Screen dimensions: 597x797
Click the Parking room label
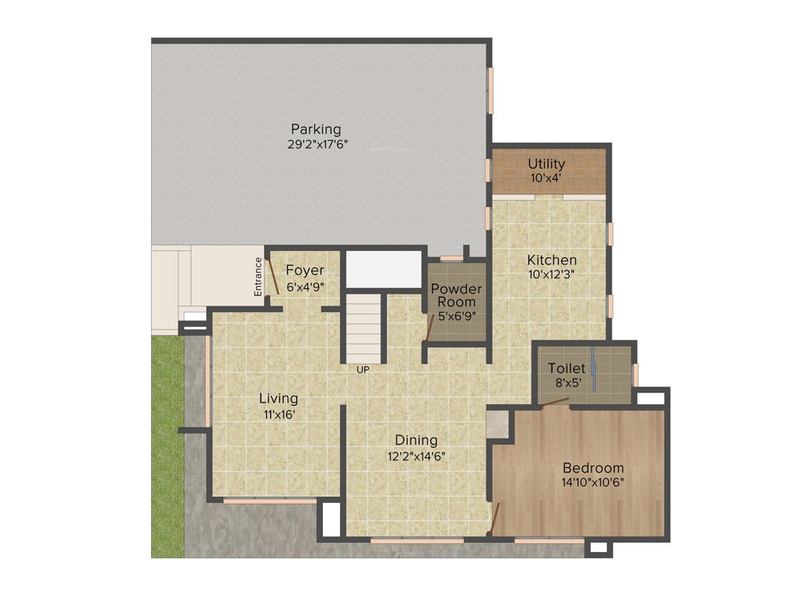[315, 128]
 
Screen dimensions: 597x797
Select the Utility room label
[546, 164]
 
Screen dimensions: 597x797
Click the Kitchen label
[552, 260]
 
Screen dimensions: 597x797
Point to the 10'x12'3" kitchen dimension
[552, 274]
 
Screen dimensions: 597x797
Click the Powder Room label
[456, 295]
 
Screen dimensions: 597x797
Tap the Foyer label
[304, 271]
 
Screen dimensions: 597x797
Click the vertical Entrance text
[258, 276]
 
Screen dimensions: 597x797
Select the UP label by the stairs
[363, 370]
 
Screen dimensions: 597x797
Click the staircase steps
[364, 326]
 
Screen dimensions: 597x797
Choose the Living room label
[278, 399]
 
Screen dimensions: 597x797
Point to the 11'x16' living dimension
[278, 414]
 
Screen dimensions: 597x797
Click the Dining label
[416, 441]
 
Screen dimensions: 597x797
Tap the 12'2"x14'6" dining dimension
[416, 456]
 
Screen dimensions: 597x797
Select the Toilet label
[566, 368]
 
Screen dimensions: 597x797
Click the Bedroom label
[593, 468]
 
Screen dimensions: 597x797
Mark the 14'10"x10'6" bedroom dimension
[593, 482]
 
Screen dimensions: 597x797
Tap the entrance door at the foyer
[273, 276]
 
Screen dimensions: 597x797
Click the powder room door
[430, 327]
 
